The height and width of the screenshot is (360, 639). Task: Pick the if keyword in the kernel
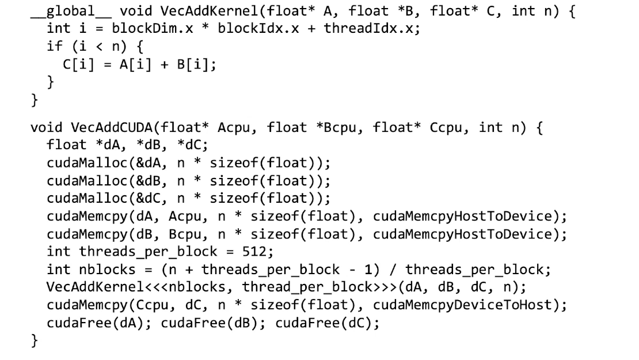click(x=55, y=46)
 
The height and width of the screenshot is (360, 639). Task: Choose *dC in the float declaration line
click(x=193, y=145)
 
